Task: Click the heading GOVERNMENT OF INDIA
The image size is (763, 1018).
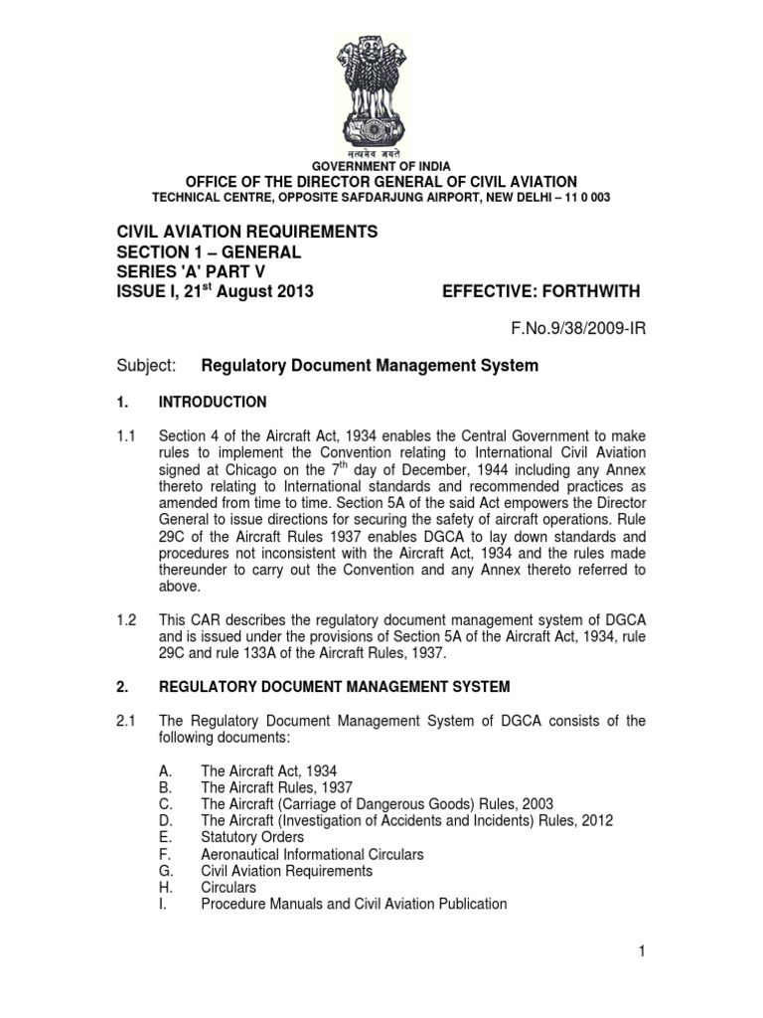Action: point(381,166)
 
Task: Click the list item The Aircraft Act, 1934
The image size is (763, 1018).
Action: point(261,770)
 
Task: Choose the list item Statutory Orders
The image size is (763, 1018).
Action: point(252,837)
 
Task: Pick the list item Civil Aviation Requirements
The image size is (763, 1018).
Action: point(286,871)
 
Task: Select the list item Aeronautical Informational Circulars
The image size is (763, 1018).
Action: point(312,854)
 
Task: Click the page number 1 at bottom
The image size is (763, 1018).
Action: point(643,952)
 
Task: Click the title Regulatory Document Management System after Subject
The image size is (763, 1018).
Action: point(370,366)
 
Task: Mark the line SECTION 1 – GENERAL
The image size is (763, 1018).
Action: point(209,253)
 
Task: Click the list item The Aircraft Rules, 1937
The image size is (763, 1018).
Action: point(265,787)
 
